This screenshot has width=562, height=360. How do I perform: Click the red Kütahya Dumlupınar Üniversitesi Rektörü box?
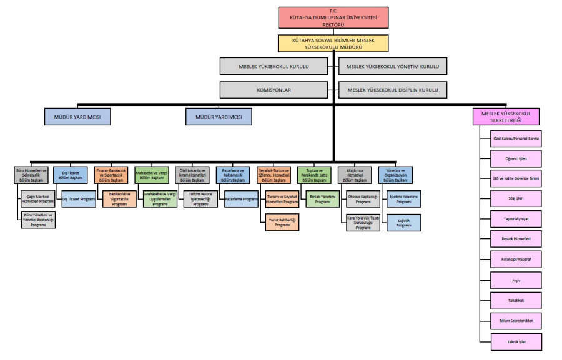pyautogui.click(x=333, y=19)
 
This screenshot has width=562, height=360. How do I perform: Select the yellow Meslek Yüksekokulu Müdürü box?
pyautogui.click(x=333, y=42)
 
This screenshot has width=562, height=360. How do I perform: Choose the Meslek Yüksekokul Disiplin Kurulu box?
pyautogui.click(x=393, y=90)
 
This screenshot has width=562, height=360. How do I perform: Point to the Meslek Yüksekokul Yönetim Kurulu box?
pyautogui.click(x=393, y=66)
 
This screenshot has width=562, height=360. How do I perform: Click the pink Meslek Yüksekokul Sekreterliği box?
pyautogui.click(x=506, y=117)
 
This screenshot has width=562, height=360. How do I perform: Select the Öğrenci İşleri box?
pyautogui.click(x=515, y=158)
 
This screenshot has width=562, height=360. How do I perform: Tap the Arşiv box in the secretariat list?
pyautogui.click(x=515, y=280)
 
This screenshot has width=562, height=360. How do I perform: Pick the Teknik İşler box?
pyautogui.click(x=515, y=341)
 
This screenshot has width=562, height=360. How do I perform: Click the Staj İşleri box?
pyautogui.click(x=515, y=199)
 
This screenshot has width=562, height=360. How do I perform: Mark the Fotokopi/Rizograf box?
pyautogui.click(x=515, y=260)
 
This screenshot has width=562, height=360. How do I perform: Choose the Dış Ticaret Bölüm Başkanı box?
pyautogui.click(x=70, y=175)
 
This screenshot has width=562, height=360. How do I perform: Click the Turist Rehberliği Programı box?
pyautogui.click(x=282, y=221)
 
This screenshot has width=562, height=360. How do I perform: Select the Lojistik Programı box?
pyautogui.click(x=403, y=221)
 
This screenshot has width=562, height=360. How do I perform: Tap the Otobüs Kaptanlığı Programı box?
pyautogui.click(x=363, y=199)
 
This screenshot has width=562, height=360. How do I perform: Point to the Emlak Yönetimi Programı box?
pyautogui.click(x=322, y=199)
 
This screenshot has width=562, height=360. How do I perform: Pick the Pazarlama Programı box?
pyautogui.click(x=241, y=199)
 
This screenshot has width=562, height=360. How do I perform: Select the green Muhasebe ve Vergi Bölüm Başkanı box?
pyautogui.click(x=152, y=175)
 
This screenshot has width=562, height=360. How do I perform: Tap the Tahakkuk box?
pyautogui.click(x=515, y=301)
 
